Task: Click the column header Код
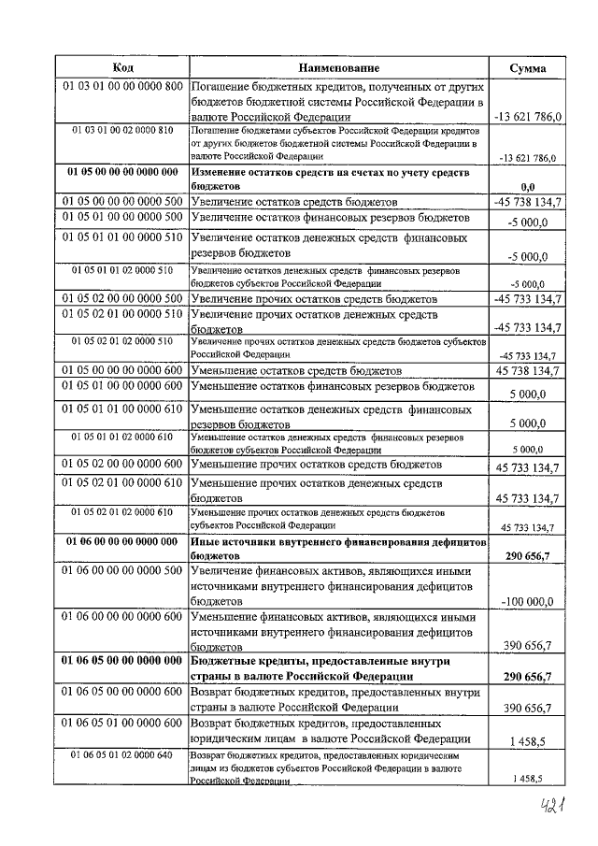[122, 67]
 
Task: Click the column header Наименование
[339, 67]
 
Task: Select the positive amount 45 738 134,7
[529, 371]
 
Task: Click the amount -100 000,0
[528, 601]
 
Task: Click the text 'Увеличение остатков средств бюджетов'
[294, 202]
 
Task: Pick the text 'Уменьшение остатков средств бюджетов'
[294, 371]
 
